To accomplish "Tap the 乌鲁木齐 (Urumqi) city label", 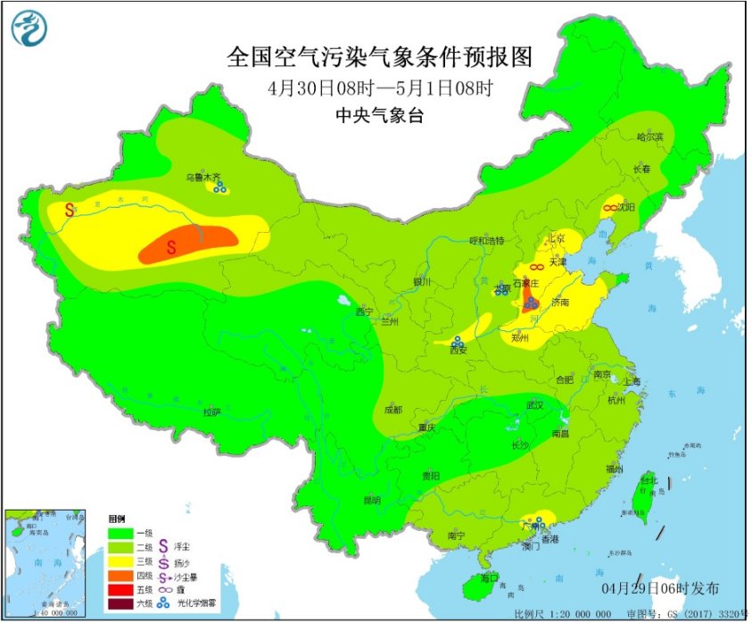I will [x=202, y=178].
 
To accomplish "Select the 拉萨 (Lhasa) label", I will [x=211, y=411].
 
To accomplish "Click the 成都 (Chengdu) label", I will [x=393, y=410].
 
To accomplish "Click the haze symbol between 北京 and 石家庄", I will [x=537, y=267].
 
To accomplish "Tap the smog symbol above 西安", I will [x=458, y=341].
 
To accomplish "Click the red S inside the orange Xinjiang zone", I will [x=172, y=243].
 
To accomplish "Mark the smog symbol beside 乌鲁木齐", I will [x=219, y=187].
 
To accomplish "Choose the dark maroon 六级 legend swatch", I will [x=120, y=604].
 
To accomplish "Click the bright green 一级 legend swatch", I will [x=120, y=532].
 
